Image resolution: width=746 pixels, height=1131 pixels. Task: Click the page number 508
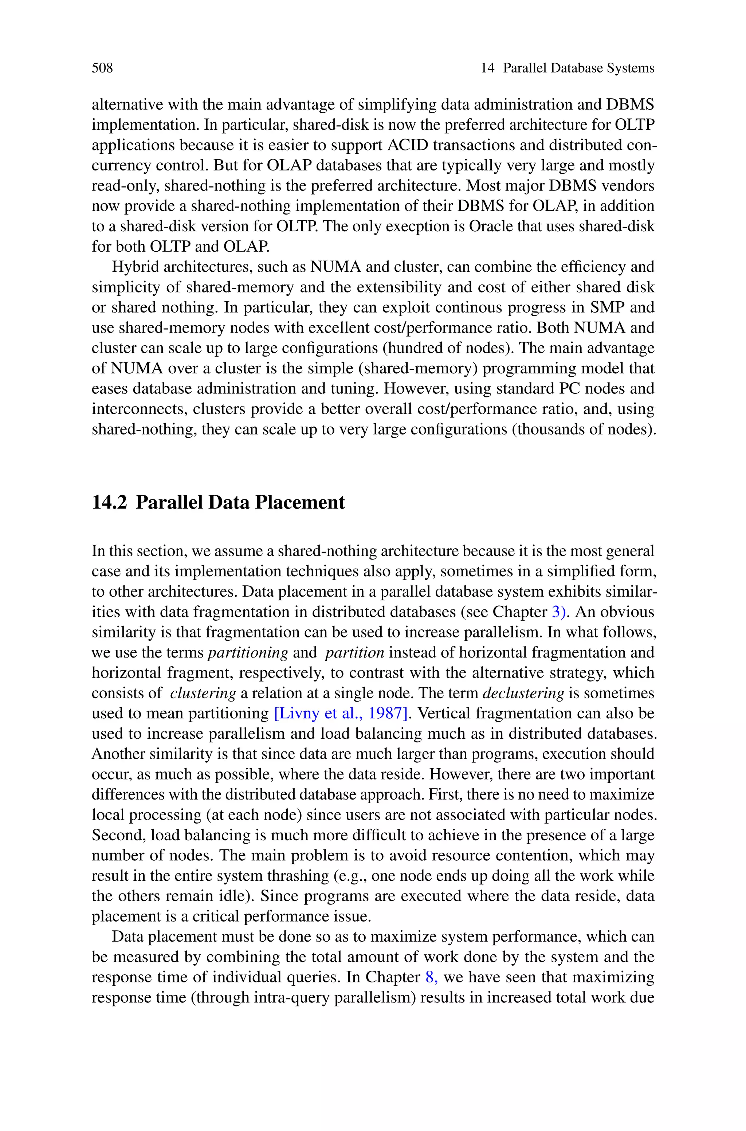point(102,68)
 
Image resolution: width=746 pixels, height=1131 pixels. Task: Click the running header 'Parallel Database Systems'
point(578,68)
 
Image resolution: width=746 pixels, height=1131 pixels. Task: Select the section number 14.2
point(109,503)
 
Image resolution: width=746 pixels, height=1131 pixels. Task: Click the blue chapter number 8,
point(431,977)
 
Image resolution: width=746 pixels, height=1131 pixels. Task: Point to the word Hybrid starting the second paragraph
point(136,267)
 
